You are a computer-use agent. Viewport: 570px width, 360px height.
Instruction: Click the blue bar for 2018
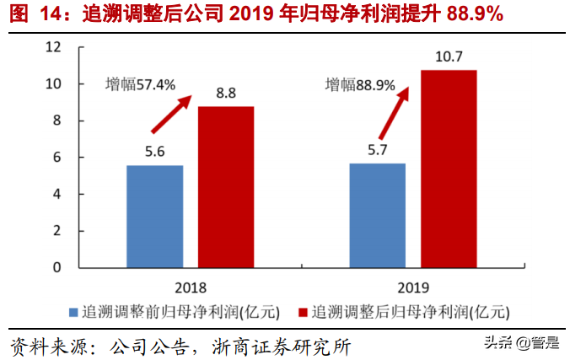coord(154,216)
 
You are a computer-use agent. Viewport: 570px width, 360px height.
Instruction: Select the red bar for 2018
coord(226,186)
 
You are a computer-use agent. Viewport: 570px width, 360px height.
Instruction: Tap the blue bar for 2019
coord(377,215)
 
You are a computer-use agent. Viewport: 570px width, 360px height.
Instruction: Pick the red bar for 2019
coord(449,169)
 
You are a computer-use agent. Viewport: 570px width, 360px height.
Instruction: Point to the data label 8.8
coord(226,94)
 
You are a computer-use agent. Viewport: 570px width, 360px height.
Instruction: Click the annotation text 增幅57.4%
coord(140,84)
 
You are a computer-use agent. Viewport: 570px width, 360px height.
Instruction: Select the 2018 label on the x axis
coord(191,286)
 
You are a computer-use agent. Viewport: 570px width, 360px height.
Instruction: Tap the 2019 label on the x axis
coord(413,286)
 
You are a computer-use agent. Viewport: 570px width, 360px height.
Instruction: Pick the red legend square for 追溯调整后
coord(303,312)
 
